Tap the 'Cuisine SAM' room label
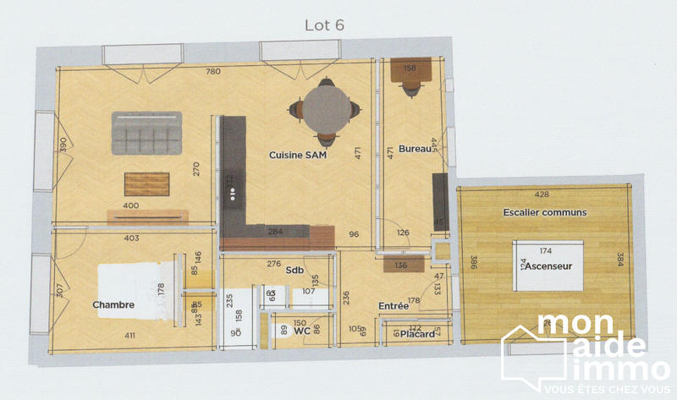298,156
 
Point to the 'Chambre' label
113,305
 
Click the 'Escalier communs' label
545,211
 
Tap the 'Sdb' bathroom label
294,270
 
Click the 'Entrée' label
394,306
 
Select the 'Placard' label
417,335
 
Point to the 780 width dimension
213,72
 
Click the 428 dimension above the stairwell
542,195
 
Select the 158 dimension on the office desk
410,68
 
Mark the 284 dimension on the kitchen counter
275,231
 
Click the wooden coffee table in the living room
147,184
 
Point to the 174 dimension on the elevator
545,251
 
